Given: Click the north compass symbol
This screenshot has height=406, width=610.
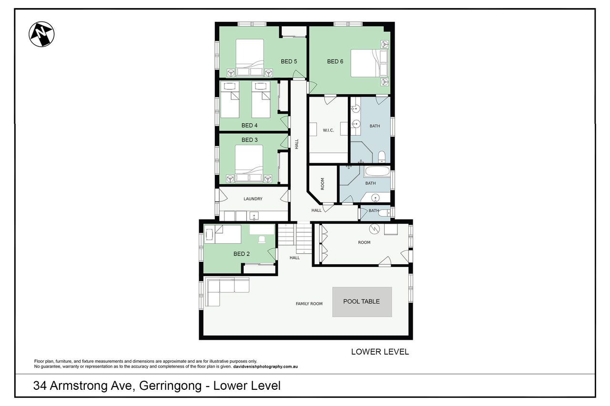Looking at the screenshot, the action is [41, 34].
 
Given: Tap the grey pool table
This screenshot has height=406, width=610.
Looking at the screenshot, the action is [362, 302].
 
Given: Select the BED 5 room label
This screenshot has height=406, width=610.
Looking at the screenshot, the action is [289, 61].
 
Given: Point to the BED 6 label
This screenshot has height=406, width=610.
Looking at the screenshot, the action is [335, 61].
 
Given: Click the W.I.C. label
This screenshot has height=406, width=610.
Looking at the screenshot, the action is [328, 130].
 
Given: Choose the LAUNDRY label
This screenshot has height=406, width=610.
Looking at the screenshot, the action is [253, 199].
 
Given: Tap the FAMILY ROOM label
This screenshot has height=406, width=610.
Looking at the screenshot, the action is [309, 304].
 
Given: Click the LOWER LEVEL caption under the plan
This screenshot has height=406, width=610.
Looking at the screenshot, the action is [380, 352].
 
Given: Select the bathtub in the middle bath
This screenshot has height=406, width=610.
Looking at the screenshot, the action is [377, 172].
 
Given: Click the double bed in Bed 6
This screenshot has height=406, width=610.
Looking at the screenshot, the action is [369, 63].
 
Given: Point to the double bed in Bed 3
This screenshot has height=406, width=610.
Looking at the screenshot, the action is [249, 163].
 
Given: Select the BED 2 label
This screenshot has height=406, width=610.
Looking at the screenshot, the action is [242, 254].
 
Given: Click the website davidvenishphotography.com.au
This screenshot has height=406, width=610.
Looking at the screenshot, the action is [265, 366].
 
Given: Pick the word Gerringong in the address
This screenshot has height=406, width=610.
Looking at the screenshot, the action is [170, 386].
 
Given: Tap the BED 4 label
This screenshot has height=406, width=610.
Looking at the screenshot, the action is [249, 125].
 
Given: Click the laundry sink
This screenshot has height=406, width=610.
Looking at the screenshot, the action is [254, 216].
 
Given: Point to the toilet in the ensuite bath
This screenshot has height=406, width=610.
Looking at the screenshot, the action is [382, 157].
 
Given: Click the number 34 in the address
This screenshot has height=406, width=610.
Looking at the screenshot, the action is [40, 386].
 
